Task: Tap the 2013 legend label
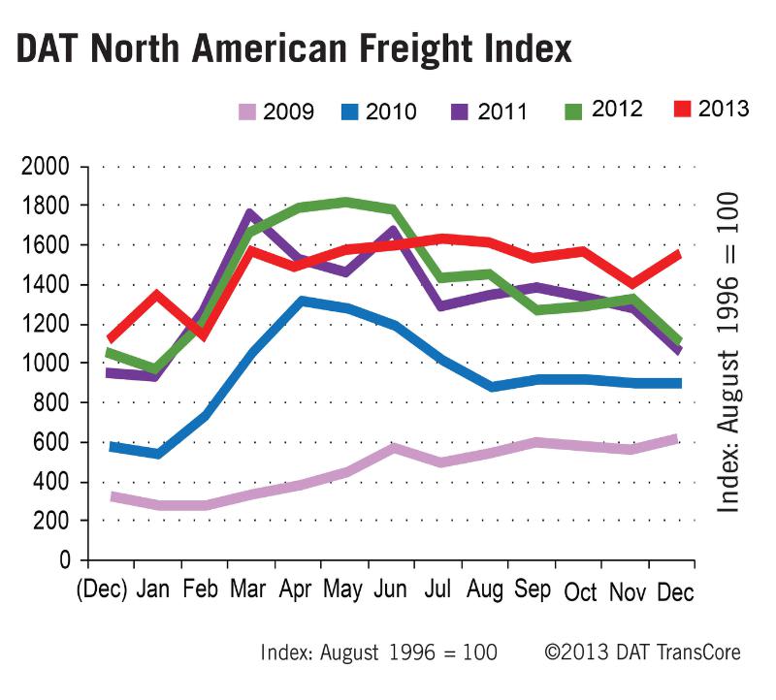[x=724, y=108]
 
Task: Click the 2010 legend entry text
[x=392, y=111]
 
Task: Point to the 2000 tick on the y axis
[x=45, y=167]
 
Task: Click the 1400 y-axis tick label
[x=45, y=285]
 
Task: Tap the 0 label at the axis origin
[x=66, y=561]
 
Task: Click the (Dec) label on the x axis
[x=102, y=589]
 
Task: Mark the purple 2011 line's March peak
[x=249, y=212]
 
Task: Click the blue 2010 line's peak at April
[x=303, y=302]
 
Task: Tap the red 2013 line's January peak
[x=157, y=294]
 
